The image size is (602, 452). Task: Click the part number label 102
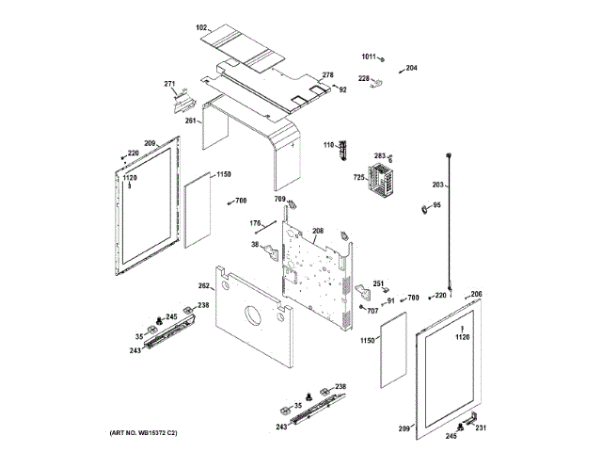click(201, 29)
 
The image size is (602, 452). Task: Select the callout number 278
click(327, 75)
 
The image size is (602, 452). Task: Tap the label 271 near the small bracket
click(170, 85)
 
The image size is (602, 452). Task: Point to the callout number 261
click(191, 121)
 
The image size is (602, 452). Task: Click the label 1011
click(369, 56)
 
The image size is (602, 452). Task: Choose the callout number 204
click(411, 68)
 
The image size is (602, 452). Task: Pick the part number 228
click(363, 78)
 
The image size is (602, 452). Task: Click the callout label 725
click(358, 177)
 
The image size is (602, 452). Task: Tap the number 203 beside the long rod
click(437, 185)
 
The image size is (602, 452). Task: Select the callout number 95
click(436, 205)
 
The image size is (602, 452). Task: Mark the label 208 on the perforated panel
click(318, 231)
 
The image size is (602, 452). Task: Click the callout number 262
click(203, 285)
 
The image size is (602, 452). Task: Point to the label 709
click(280, 199)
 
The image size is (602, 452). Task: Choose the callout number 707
click(372, 311)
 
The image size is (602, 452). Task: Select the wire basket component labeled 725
click(382, 185)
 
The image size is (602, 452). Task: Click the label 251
click(378, 283)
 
